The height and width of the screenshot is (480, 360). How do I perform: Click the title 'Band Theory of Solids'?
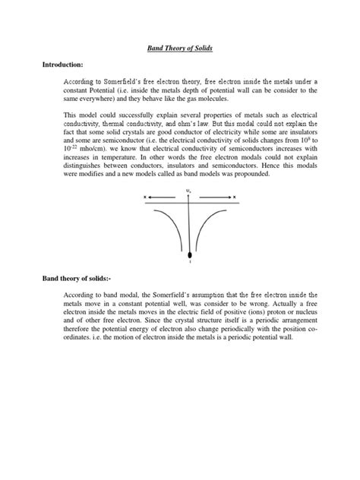point(180,48)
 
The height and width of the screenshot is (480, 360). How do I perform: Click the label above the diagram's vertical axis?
point(188,191)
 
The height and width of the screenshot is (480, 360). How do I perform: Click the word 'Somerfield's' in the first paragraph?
point(131,81)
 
